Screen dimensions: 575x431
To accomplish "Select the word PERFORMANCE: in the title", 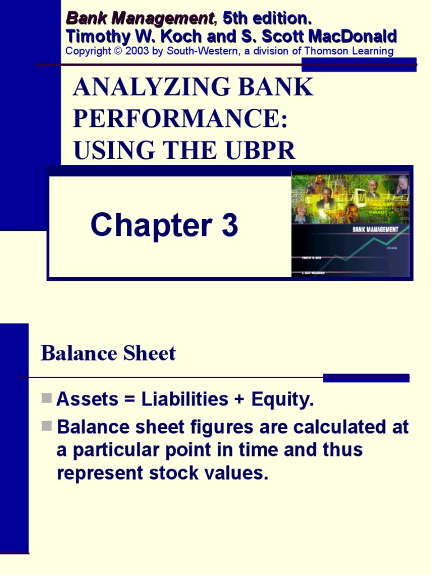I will point(180,119).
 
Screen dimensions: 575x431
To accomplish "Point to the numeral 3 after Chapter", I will point(229,226).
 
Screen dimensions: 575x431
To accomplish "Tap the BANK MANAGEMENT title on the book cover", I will point(375,229).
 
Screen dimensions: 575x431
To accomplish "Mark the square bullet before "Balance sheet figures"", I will point(47,426).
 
